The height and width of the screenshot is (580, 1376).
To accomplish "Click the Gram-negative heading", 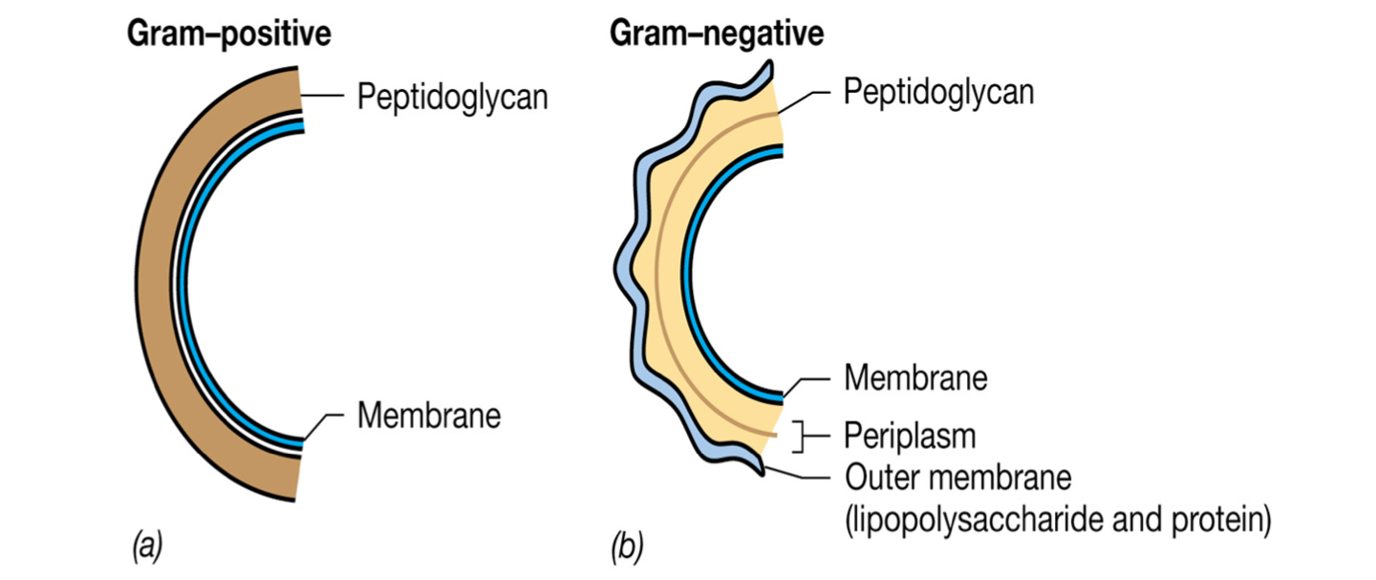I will [x=717, y=35].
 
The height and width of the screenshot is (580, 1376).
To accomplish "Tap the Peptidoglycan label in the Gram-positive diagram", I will [x=452, y=97].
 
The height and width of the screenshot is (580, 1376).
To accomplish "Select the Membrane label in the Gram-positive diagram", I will [x=429, y=417].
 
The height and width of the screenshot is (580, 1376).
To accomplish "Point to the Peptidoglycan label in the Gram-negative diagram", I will [x=938, y=92].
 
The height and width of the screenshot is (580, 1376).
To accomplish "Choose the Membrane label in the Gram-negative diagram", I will [x=915, y=377].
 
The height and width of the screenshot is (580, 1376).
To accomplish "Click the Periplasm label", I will [x=910, y=436].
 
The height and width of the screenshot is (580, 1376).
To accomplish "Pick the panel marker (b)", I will [x=627, y=548].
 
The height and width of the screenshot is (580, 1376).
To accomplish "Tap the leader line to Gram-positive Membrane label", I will [x=325, y=421].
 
